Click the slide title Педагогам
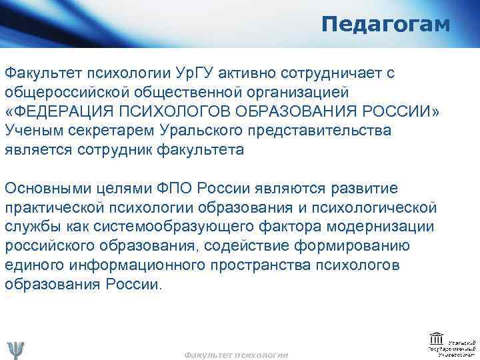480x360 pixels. pyautogui.click(x=385, y=25)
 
